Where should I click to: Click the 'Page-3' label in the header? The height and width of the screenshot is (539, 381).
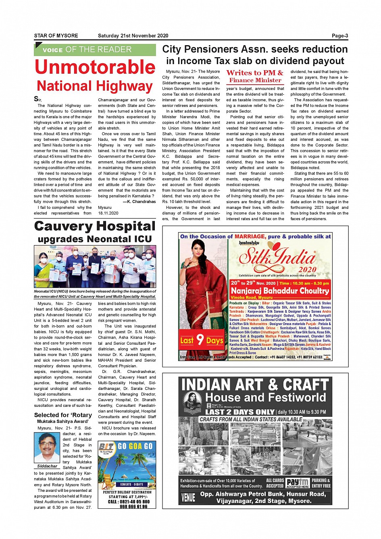click(340, 36)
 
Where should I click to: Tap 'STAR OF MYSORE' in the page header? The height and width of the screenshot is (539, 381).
click(56, 36)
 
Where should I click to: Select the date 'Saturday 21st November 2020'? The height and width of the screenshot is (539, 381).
click(133, 36)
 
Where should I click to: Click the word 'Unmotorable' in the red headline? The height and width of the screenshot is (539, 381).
click(95, 67)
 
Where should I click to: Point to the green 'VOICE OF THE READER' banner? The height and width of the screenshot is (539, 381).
click(95, 50)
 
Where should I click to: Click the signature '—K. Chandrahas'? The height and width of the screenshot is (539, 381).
click(139, 202)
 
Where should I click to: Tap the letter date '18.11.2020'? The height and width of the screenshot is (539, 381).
click(108, 213)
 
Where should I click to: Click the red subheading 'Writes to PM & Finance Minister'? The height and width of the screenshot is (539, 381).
click(255, 76)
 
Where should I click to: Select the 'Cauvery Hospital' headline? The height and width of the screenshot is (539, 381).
click(95, 226)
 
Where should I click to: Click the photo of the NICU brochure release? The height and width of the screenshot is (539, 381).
click(95, 266)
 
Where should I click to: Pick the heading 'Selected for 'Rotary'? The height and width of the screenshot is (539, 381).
click(63, 415)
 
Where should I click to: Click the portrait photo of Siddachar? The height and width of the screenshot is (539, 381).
click(47, 447)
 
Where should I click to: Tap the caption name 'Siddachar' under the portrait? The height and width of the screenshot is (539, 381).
click(47, 466)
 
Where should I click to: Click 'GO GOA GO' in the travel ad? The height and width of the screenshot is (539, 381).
click(135, 446)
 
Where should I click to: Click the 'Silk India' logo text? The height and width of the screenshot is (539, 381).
click(278, 257)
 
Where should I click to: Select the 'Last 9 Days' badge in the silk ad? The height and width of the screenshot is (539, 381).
click(201, 340)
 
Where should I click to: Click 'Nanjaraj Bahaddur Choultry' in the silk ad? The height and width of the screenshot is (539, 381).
click(280, 291)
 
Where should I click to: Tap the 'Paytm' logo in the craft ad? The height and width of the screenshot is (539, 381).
click(298, 482)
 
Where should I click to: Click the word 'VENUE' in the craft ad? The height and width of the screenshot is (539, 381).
click(188, 497)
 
